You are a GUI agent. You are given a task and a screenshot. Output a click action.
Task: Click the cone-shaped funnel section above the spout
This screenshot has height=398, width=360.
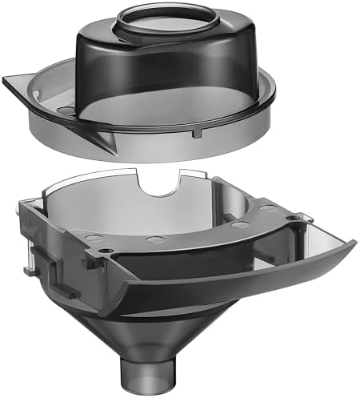[x=152, y=328]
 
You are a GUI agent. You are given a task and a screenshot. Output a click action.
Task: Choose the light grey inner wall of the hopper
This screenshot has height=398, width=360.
[x=120, y=204]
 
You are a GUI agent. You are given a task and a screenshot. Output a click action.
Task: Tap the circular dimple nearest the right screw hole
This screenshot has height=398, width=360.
[x=267, y=209]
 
